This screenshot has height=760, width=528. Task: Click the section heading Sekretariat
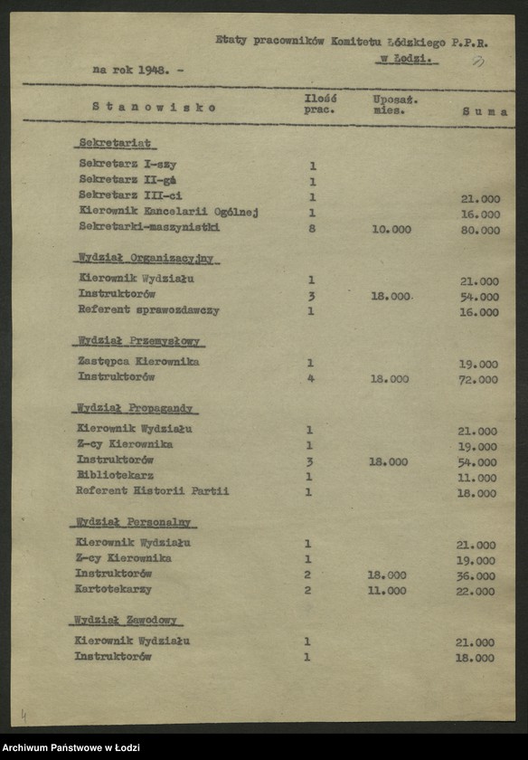pyautogui.click(x=115, y=143)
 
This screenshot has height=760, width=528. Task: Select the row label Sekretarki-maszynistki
pyautogui.click(x=149, y=227)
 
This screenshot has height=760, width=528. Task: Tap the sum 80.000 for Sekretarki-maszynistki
pyautogui.click(x=479, y=230)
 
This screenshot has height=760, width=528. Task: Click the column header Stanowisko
pyautogui.click(x=155, y=106)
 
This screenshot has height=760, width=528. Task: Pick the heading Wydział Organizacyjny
pyautogui.click(x=146, y=258)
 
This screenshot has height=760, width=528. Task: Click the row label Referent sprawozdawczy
pyautogui.click(x=148, y=310)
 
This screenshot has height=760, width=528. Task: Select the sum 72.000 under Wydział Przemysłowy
pyautogui.click(x=478, y=380)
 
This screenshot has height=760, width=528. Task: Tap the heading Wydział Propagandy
pyautogui.click(x=136, y=408)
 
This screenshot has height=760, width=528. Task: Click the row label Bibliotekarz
pyautogui.click(x=115, y=475)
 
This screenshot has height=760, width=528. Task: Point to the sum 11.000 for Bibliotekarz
pyautogui.click(x=478, y=478)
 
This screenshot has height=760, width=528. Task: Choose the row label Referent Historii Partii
pyautogui.click(x=152, y=491)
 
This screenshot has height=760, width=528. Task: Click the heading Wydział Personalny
pyautogui.click(x=134, y=522)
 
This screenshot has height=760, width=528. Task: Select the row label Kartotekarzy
pyautogui.click(x=113, y=589)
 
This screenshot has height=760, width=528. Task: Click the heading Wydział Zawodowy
pyautogui.click(x=127, y=620)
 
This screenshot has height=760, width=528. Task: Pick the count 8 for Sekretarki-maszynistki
pyautogui.click(x=312, y=228)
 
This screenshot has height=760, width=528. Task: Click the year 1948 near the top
pyautogui.click(x=150, y=69)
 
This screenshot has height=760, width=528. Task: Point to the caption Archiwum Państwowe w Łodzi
pyautogui.click(x=71, y=747)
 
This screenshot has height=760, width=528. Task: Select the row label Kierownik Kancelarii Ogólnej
pyautogui.click(x=168, y=212)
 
